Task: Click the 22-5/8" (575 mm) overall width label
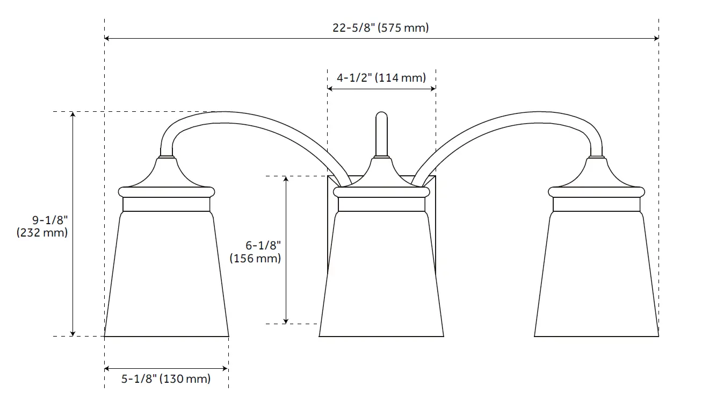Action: tap(380, 28)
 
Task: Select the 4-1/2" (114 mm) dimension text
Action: tap(381, 78)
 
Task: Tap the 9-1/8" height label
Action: tap(50, 220)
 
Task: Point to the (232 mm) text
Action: tap(42, 233)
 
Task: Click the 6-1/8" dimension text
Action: tap(263, 245)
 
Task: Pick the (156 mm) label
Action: tap(255, 259)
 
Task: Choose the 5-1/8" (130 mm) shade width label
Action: tap(166, 379)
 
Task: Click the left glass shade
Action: tap(167, 274)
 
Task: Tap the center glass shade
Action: tap(381, 274)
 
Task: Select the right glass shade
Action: tap(596, 274)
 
